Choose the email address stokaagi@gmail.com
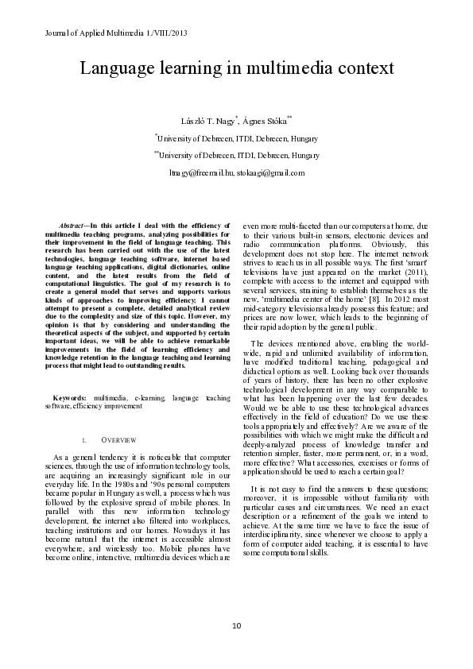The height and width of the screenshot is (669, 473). (270, 172)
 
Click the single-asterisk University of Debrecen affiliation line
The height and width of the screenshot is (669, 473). (237, 137)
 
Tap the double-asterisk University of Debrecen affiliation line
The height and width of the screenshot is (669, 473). (237, 155)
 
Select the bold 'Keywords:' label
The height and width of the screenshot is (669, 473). (70, 397)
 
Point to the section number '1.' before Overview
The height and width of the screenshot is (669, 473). (84, 439)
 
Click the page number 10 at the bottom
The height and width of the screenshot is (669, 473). (236, 627)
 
